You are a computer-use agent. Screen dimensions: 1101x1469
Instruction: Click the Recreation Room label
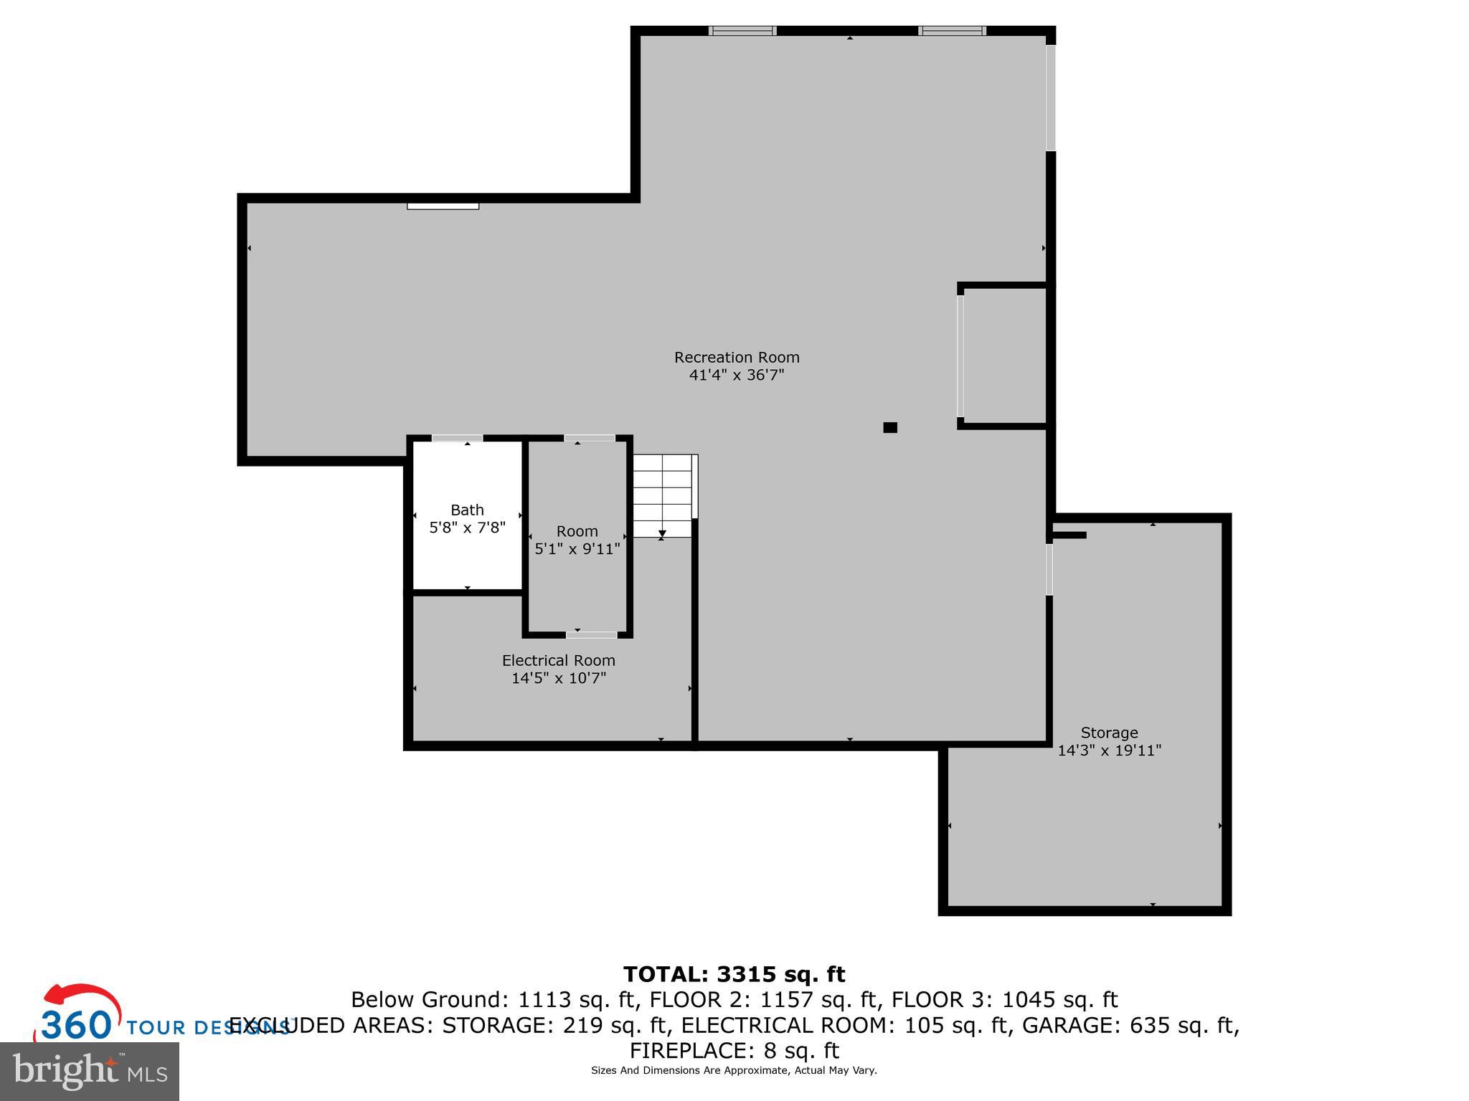click(737, 357)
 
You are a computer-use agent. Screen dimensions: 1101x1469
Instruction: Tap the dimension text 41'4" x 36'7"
click(737, 375)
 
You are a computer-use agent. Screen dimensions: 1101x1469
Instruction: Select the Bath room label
click(467, 510)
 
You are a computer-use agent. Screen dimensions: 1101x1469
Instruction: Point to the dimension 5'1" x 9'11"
click(577, 549)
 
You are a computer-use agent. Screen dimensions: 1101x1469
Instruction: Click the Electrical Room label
click(558, 660)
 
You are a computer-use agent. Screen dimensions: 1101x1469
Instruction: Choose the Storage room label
click(1109, 733)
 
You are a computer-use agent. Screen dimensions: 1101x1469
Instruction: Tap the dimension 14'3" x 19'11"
click(1109, 750)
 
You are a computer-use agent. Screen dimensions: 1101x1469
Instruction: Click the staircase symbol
click(663, 496)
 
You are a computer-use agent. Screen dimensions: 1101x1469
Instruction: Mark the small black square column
click(890, 428)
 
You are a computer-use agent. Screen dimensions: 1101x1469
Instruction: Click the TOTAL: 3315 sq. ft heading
click(734, 974)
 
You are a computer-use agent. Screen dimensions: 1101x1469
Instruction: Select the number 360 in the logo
click(75, 1025)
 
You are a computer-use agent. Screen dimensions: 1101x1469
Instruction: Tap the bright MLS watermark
click(89, 1071)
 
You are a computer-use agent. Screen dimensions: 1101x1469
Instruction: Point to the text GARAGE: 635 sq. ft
click(1130, 1026)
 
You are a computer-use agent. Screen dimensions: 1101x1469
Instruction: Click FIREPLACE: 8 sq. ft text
click(734, 1051)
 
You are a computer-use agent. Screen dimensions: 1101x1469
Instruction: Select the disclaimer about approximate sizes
click(734, 1071)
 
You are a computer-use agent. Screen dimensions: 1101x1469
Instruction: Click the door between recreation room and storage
click(1049, 569)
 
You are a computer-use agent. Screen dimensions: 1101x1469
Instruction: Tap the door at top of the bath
click(457, 438)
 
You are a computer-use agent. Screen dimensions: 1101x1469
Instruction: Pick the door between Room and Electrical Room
click(591, 634)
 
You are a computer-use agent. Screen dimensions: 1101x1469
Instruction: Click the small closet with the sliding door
click(1004, 356)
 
